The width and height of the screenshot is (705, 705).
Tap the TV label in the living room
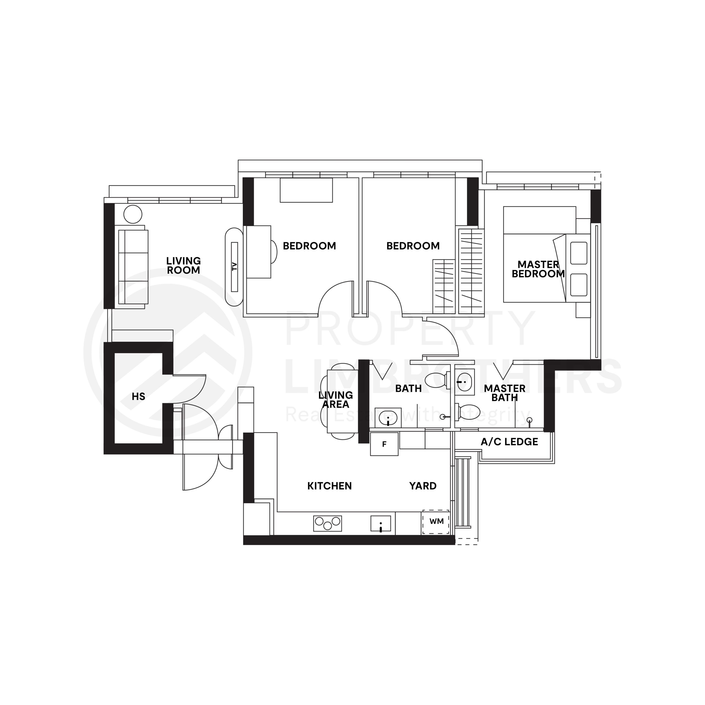coord(235,266)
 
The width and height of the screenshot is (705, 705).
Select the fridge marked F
coord(384,444)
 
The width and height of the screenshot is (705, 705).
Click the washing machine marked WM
coord(436,521)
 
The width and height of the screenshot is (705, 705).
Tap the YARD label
coord(422,486)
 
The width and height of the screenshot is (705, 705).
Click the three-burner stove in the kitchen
coord(327,523)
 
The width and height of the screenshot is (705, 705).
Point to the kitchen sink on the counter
coord(381,523)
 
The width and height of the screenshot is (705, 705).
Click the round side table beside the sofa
coord(133,214)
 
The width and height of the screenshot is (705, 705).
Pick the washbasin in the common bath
coord(388,417)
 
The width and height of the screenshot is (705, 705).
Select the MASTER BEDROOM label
coord(538,269)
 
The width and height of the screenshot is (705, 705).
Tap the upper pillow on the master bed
coord(578,253)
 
